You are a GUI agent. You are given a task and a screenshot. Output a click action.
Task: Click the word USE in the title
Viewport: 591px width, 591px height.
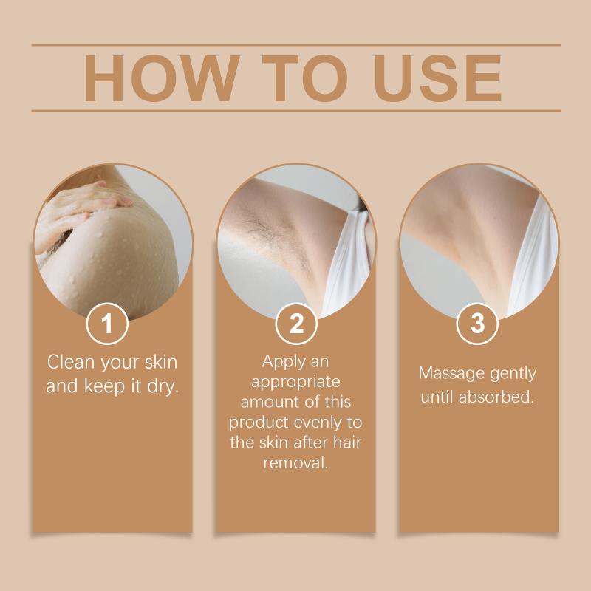[x=437, y=78]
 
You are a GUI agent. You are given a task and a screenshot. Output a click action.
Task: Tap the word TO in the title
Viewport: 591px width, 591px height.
[x=304, y=78]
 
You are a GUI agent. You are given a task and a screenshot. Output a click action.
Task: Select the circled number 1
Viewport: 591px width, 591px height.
[x=107, y=324]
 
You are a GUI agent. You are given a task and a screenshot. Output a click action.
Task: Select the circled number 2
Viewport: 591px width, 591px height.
[x=296, y=324]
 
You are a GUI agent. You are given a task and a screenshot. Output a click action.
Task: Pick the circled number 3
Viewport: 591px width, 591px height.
[x=477, y=324]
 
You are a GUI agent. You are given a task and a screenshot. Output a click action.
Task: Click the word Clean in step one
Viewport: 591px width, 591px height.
[x=70, y=362]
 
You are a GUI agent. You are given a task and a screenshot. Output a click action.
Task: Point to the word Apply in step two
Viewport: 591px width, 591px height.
[x=279, y=362]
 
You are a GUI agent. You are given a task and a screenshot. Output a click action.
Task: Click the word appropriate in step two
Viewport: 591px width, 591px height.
[x=295, y=382]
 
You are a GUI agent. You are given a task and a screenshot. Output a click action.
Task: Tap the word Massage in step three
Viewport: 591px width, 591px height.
[x=451, y=374]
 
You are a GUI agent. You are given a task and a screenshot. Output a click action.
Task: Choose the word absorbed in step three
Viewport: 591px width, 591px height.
[x=496, y=397]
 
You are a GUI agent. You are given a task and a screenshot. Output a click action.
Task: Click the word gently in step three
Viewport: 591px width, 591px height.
[x=513, y=374]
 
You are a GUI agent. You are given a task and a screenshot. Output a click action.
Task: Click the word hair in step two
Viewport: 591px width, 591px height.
[x=347, y=442]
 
